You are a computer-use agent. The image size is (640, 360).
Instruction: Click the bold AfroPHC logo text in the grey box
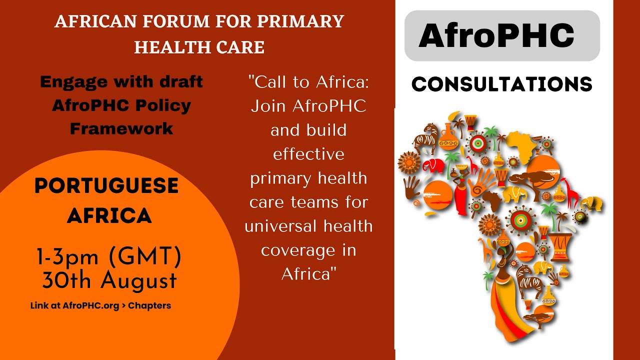coord(496,35)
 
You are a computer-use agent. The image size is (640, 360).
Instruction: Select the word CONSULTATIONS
coord(501,84)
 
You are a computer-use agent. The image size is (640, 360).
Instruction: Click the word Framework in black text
coord(121,128)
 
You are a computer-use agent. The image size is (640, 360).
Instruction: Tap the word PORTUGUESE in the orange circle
coord(106,186)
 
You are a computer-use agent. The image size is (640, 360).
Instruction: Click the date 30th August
coord(109,281)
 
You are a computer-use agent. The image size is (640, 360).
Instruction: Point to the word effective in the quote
coord(308,153)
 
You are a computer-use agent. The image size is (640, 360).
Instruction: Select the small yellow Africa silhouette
coord(521,143)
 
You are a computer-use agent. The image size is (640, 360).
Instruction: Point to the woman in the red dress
coord(461,196)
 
